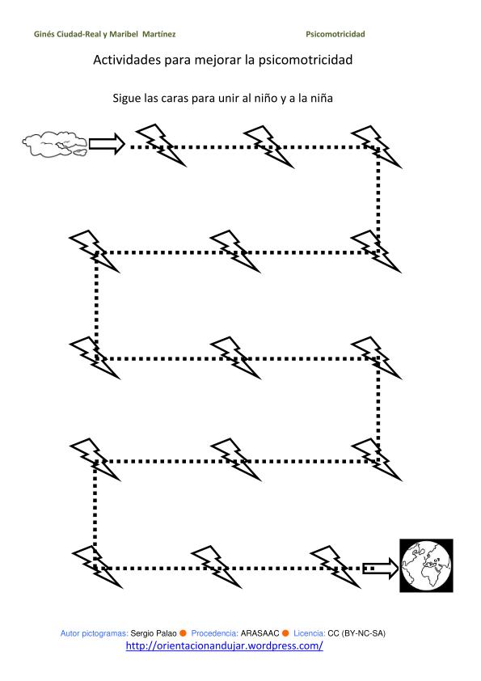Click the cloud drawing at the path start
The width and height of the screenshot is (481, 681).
point(54,144)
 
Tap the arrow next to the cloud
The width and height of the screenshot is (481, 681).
point(107,144)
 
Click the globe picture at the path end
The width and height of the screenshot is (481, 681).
point(426,565)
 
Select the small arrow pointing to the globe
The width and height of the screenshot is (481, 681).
point(380,568)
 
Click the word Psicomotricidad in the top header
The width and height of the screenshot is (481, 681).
point(335,34)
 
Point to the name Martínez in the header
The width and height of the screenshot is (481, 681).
point(159,34)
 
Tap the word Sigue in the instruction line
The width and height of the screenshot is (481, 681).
point(126,98)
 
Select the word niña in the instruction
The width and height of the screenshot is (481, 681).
point(321,98)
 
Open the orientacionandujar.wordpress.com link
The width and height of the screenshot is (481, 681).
point(225,645)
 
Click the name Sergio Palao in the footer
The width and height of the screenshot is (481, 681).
point(154,633)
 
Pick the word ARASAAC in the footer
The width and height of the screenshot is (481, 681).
point(260,633)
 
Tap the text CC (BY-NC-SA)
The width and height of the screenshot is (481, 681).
point(357,633)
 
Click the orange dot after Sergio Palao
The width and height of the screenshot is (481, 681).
point(184,633)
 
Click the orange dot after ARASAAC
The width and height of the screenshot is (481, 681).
point(285,633)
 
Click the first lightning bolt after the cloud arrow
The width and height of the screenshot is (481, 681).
point(161,145)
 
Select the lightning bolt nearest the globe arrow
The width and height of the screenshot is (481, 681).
point(335,567)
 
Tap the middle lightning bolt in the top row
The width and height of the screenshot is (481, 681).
point(268,146)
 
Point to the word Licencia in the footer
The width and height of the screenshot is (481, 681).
point(310,633)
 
